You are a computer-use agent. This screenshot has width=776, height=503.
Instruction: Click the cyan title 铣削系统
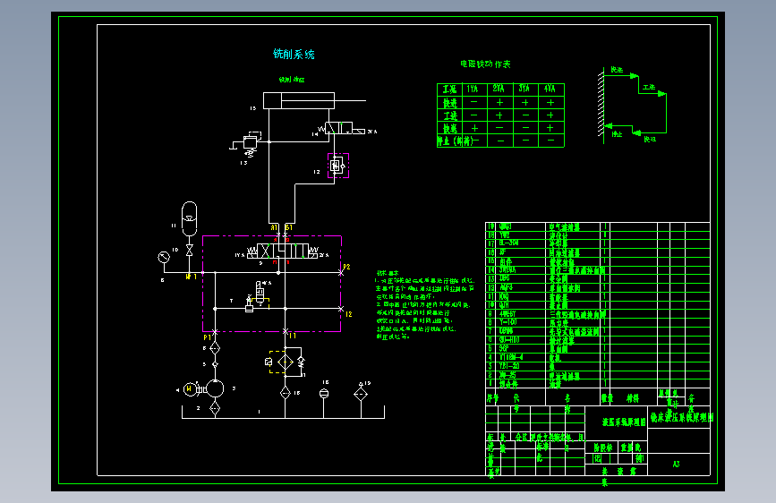[294, 55]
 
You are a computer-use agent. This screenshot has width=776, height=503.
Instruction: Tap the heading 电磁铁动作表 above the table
[485, 64]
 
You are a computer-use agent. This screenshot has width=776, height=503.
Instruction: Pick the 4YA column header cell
[550, 89]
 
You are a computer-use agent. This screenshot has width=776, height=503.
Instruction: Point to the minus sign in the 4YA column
[550, 141]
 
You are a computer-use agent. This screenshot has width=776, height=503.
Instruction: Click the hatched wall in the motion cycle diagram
[599, 104]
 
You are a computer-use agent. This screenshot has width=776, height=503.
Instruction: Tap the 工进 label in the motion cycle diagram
[649, 88]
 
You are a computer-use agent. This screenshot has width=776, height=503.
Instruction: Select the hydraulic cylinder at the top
[297, 101]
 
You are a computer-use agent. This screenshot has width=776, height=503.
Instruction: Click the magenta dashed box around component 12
[337, 166]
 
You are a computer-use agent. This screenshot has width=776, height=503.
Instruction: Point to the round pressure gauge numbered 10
[164, 256]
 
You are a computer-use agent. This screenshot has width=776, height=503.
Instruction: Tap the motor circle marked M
[189, 388]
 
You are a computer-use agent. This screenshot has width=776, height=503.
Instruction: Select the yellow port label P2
[346, 268]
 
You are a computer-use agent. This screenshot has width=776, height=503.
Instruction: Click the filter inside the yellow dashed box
[285, 361]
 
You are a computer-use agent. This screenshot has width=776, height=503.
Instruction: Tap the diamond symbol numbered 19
[361, 391]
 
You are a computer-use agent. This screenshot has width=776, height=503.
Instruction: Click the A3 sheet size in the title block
[676, 464]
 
